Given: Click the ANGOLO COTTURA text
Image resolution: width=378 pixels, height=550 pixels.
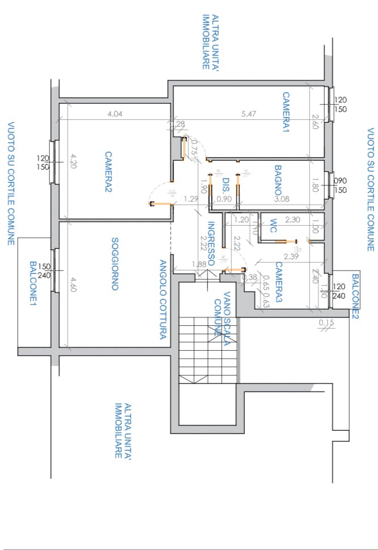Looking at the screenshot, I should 162,299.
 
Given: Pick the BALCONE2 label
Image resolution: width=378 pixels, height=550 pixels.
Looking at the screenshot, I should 355,294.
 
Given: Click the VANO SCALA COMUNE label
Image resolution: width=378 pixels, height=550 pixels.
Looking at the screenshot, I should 222,315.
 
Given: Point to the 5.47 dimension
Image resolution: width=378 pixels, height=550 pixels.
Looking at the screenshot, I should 249,114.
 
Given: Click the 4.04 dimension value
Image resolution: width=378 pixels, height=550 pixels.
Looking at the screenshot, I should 115,114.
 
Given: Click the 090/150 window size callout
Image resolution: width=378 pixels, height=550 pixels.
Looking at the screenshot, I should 341,186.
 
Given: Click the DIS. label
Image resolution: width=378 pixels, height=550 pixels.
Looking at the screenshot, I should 226,185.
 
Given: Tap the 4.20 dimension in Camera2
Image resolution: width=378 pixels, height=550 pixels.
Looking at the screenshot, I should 72,162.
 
